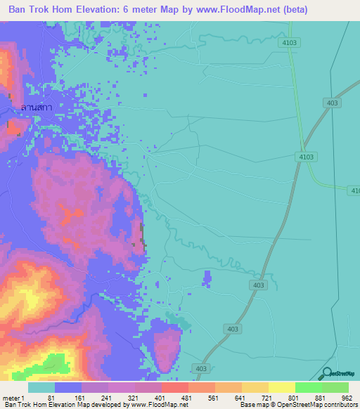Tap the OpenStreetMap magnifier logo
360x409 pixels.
(x=328, y=375)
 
